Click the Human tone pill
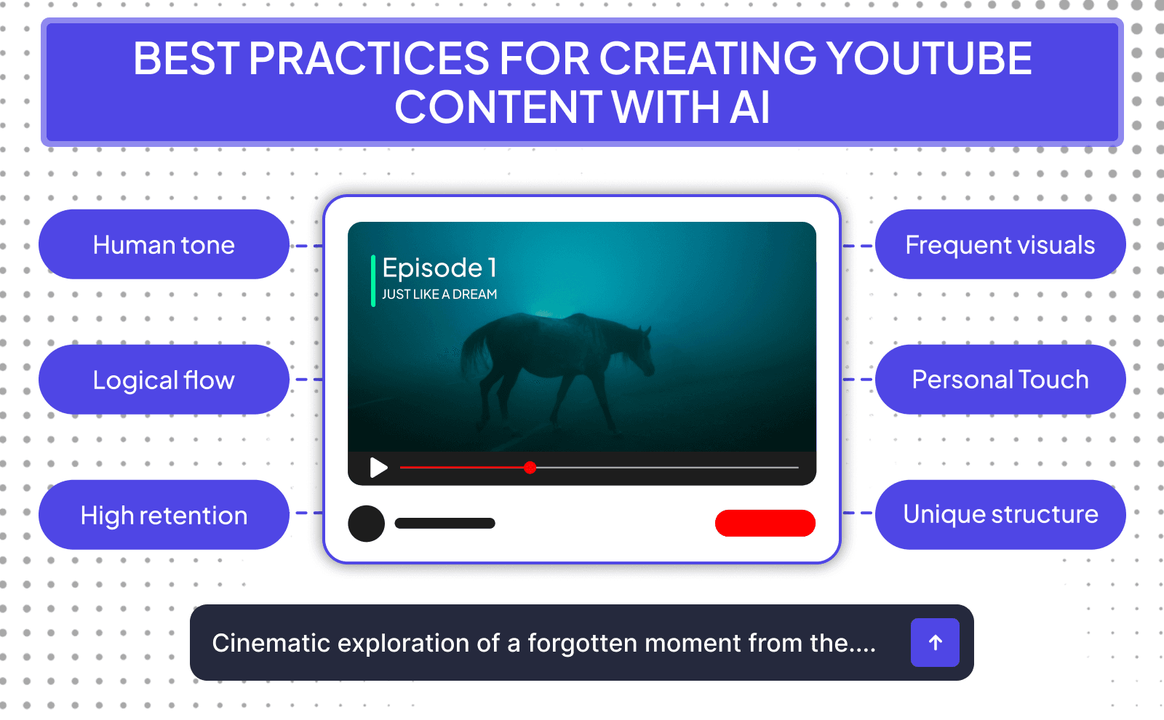pyautogui.click(x=164, y=244)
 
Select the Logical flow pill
pyautogui.click(x=164, y=380)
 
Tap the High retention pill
pyautogui.click(x=164, y=515)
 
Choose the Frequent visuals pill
pyautogui.click(x=1000, y=244)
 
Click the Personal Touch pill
pyautogui.click(x=1000, y=380)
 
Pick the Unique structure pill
pyautogui.click(x=1000, y=514)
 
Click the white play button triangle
pyautogui.click(x=378, y=467)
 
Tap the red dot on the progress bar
pyautogui.click(x=530, y=467)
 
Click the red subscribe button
pyautogui.click(x=765, y=523)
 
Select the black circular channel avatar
pyautogui.click(x=366, y=523)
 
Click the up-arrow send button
pyautogui.click(x=935, y=642)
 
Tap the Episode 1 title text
pyautogui.click(x=439, y=268)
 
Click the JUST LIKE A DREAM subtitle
pyautogui.click(x=439, y=295)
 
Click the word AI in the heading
pyautogui.click(x=749, y=108)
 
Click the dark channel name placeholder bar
pyautogui.click(x=445, y=523)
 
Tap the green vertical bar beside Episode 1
pyautogui.click(x=373, y=281)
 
